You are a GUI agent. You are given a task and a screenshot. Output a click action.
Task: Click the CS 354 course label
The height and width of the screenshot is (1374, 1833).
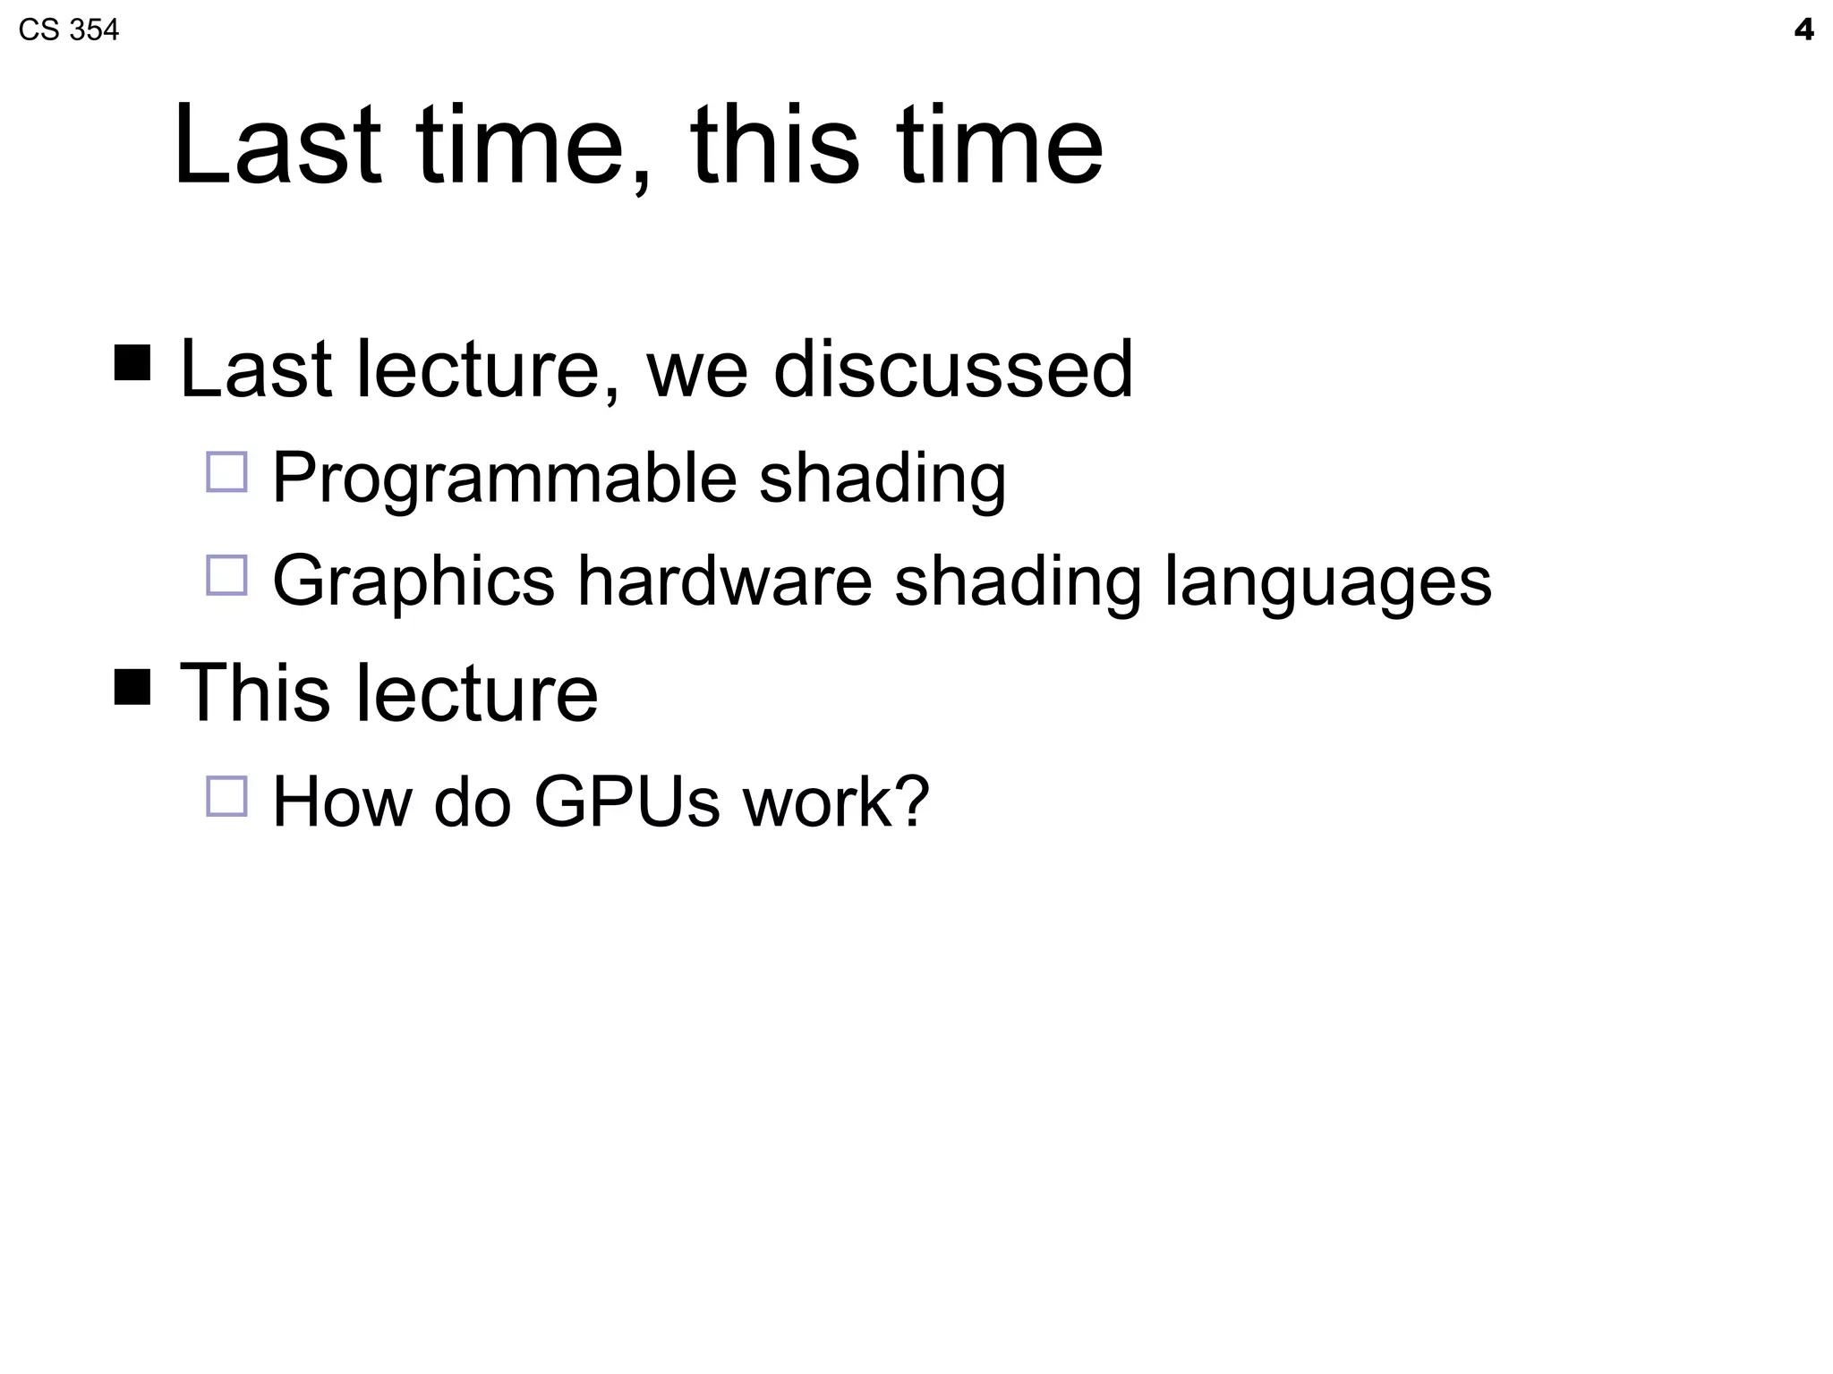[x=68, y=30]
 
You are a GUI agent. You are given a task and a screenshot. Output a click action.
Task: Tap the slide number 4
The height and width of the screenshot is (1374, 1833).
[x=1803, y=30]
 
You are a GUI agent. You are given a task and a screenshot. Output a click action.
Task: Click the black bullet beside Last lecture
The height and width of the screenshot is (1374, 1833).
[x=132, y=363]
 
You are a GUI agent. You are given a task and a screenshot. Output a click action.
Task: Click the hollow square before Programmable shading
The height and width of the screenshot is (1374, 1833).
[x=226, y=472]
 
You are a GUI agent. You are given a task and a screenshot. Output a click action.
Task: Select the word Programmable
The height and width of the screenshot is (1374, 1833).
[x=504, y=479]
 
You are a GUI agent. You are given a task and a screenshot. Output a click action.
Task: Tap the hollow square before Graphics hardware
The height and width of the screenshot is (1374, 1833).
[x=226, y=575]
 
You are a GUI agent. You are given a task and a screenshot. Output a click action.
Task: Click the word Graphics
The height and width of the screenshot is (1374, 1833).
[x=413, y=582]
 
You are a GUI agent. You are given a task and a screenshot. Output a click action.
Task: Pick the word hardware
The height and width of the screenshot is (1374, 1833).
[x=724, y=581]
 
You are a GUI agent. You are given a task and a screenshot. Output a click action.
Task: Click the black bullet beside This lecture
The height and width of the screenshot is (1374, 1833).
[x=132, y=687]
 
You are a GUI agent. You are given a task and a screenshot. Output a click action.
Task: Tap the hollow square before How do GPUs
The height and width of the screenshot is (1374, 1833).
[x=226, y=796]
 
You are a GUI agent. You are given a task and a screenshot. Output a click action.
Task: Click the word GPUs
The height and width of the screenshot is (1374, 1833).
[x=627, y=801]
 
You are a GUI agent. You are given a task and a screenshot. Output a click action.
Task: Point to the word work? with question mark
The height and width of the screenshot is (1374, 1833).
[x=836, y=801]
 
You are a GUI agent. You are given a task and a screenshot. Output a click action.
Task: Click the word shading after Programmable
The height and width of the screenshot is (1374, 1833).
[x=882, y=479]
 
